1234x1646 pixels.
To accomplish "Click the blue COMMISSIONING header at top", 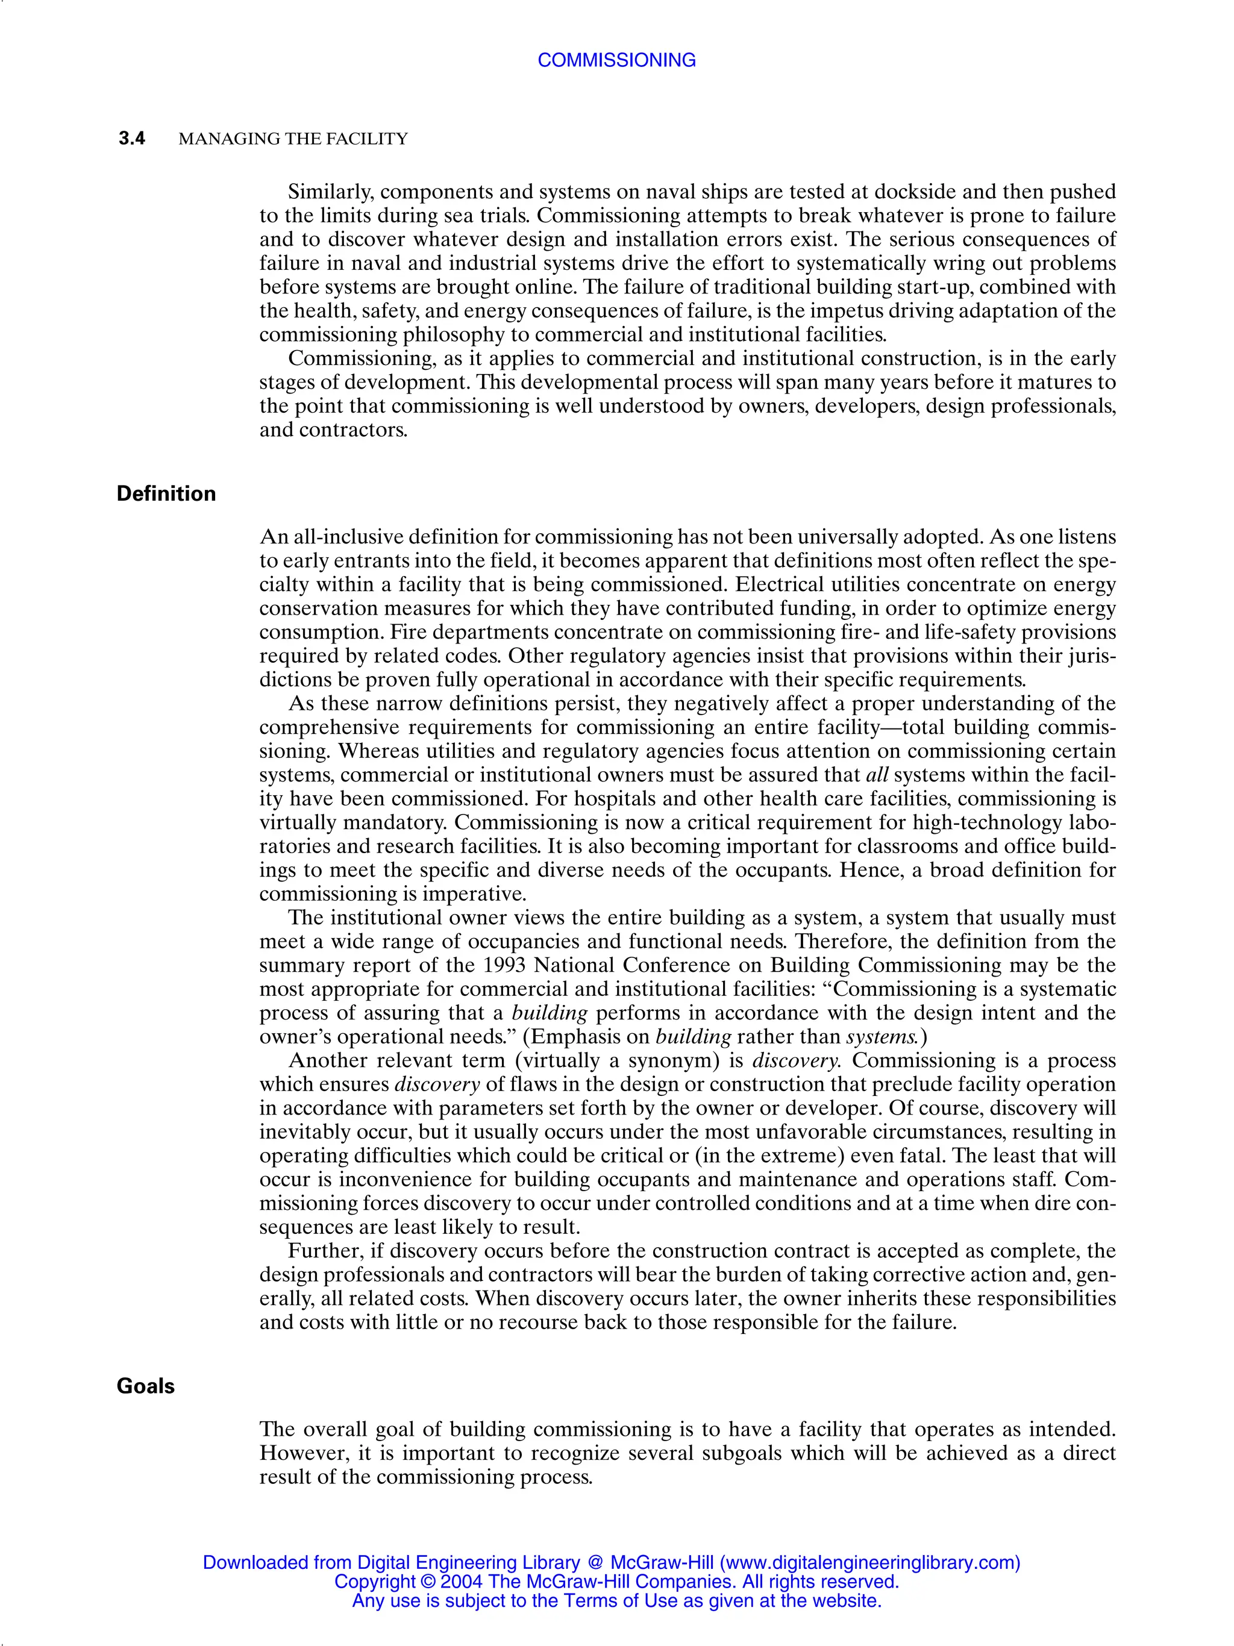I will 616,60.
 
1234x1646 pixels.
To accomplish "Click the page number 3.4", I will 132,139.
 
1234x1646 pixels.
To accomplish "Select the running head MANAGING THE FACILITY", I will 293,139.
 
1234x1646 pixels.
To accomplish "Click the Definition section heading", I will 166,494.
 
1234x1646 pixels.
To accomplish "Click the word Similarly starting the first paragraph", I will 330,192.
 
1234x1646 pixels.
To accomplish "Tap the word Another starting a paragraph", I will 330,1060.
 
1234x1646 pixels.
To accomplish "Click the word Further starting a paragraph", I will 325,1251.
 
